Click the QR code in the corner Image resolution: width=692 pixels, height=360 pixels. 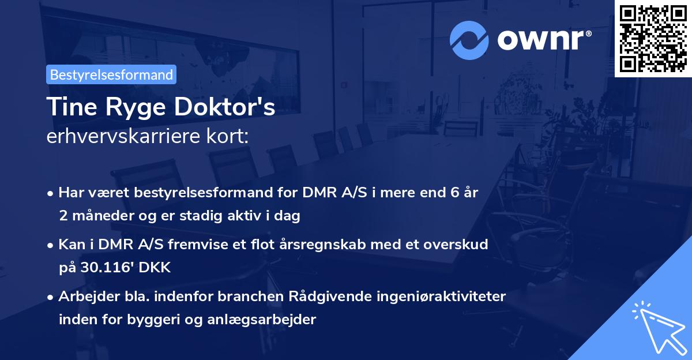tap(653, 39)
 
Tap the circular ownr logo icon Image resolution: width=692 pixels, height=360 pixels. tap(469, 40)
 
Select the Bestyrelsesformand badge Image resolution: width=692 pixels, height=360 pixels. tap(111, 74)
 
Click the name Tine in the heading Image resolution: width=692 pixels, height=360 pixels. tap(68, 107)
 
